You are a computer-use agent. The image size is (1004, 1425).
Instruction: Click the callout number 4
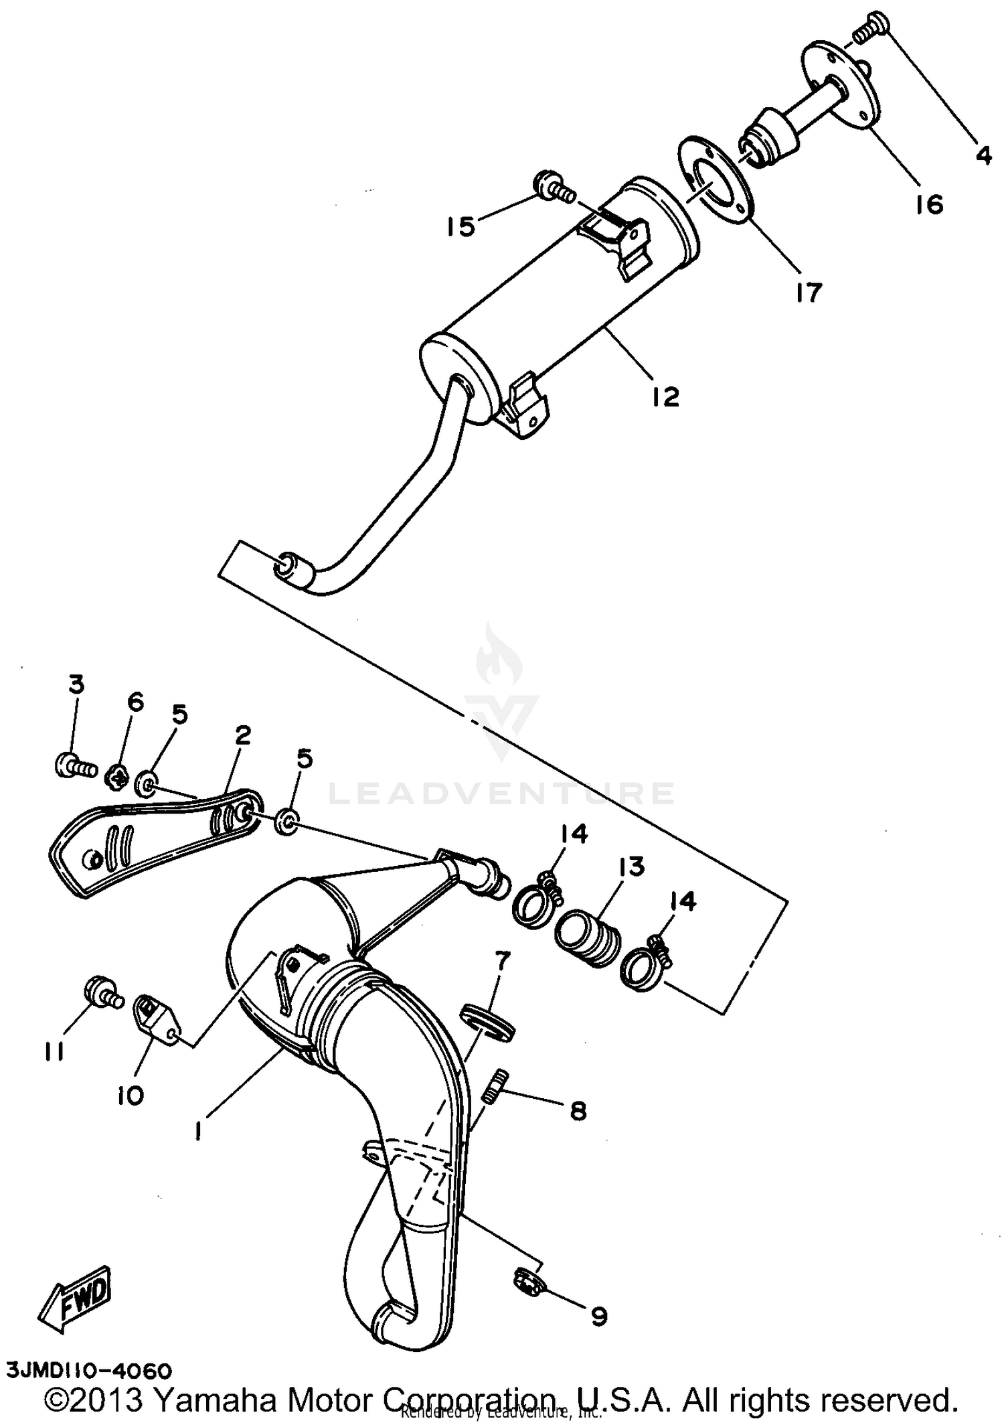click(982, 156)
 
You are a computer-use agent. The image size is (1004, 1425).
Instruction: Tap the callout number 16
click(929, 204)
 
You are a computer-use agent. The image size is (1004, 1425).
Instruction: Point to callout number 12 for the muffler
click(666, 396)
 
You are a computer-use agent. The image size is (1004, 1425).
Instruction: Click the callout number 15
click(461, 226)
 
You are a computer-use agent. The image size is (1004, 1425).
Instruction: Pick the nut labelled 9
click(527, 1282)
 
